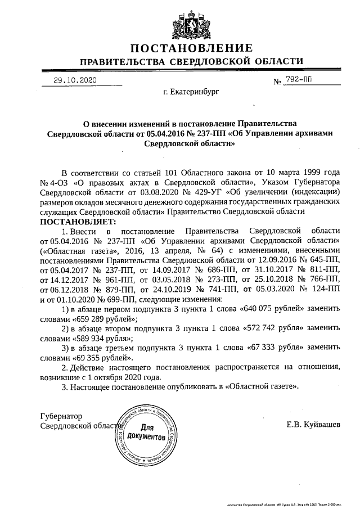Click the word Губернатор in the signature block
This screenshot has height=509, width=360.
[x=61, y=416]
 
